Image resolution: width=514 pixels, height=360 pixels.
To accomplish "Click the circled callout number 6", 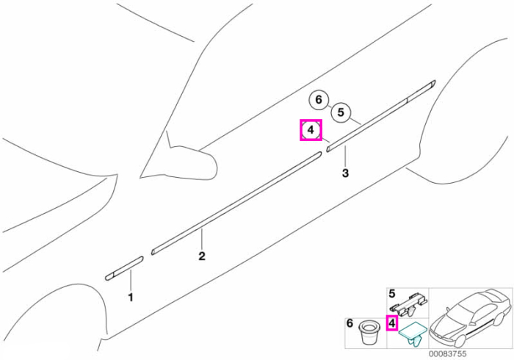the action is point(319,99).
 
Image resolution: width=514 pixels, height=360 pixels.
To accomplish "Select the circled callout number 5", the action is point(341,112).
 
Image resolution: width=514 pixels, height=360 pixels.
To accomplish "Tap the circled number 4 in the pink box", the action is point(311,130).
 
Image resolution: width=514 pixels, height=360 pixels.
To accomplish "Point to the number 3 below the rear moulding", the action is point(345,173).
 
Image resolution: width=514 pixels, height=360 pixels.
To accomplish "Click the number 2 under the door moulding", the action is point(202,256).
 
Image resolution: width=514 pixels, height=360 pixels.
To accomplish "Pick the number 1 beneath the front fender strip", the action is point(131,298).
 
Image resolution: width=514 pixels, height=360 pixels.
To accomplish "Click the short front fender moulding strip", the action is point(124,268).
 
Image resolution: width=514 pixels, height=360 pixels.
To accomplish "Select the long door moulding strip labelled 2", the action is point(236,203).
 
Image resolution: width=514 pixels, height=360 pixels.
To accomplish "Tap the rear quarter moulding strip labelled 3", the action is point(381,116).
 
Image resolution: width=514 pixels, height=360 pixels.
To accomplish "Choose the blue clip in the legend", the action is point(413,334).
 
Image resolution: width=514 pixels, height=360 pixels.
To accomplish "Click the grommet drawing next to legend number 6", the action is point(369,332).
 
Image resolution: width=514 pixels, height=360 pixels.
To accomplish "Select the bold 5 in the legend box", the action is point(392,293).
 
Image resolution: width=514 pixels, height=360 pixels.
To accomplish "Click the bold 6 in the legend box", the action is point(350,323).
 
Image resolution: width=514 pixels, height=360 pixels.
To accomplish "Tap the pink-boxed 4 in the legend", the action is point(391,324).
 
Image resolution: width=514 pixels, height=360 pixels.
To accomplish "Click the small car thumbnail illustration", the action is point(471,317).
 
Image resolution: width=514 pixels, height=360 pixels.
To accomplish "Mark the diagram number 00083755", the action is point(447,354).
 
